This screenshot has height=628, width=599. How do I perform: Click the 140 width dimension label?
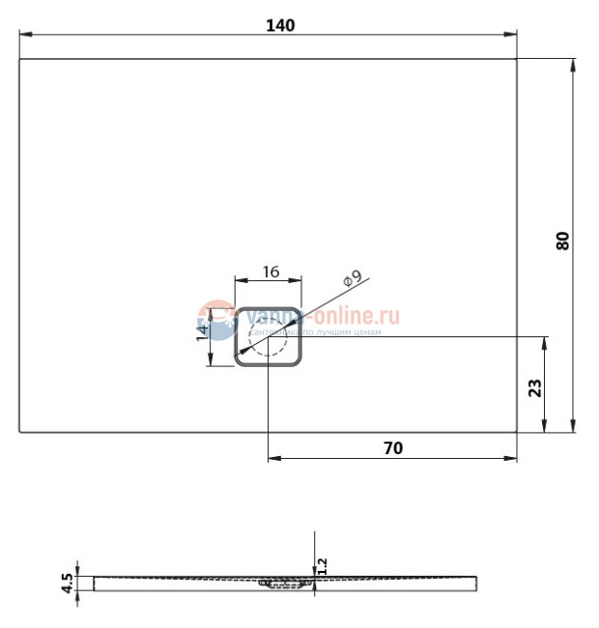click(280, 25)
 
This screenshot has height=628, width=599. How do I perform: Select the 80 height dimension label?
click(563, 241)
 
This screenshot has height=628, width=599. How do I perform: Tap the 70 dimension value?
click(391, 447)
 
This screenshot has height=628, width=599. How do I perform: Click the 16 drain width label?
click(270, 272)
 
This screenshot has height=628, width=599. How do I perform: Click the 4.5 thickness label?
click(67, 583)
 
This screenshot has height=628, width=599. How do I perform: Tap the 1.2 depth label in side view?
click(323, 566)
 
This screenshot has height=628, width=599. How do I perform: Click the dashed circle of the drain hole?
click(268, 338)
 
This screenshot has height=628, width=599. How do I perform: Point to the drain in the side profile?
click(281, 584)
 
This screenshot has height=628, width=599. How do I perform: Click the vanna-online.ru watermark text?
click(324, 315)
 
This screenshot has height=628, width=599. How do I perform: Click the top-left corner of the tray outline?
click(20, 59)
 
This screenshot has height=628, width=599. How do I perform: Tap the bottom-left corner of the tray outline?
click(20, 432)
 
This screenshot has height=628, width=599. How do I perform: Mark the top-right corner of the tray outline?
click(517, 59)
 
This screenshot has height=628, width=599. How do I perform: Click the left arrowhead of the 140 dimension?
click(24, 35)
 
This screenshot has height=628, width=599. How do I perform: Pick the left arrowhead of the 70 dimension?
click(272, 458)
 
